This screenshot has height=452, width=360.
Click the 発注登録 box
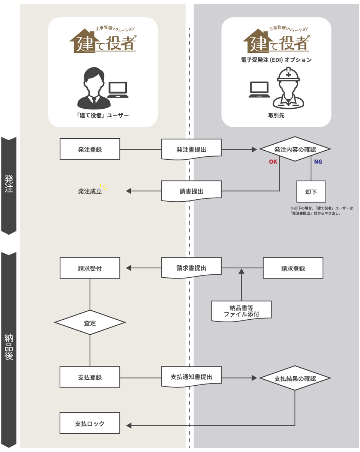point(90,149)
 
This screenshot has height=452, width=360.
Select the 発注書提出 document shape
point(191,149)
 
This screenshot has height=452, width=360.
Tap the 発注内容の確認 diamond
point(295,149)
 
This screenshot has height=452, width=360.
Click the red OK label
point(273,162)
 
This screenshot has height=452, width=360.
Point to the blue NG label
point(318,162)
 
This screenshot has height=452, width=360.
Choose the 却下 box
point(311,192)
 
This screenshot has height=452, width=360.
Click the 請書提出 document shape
point(191,191)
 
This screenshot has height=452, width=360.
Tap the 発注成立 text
point(90,191)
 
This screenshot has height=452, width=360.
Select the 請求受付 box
point(90,268)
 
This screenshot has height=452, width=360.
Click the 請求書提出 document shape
point(191,268)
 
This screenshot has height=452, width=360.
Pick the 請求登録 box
point(293,268)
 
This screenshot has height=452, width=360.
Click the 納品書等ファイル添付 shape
point(241,311)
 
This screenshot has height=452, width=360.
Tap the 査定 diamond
point(90,322)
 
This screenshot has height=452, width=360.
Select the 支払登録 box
point(90,377)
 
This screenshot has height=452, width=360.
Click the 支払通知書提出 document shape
point(191,377)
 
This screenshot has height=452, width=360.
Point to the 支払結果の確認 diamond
point(295,378)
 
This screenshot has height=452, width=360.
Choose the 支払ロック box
point(90,424)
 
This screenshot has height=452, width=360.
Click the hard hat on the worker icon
point(288,75)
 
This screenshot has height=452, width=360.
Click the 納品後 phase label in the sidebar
point(9,347)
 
